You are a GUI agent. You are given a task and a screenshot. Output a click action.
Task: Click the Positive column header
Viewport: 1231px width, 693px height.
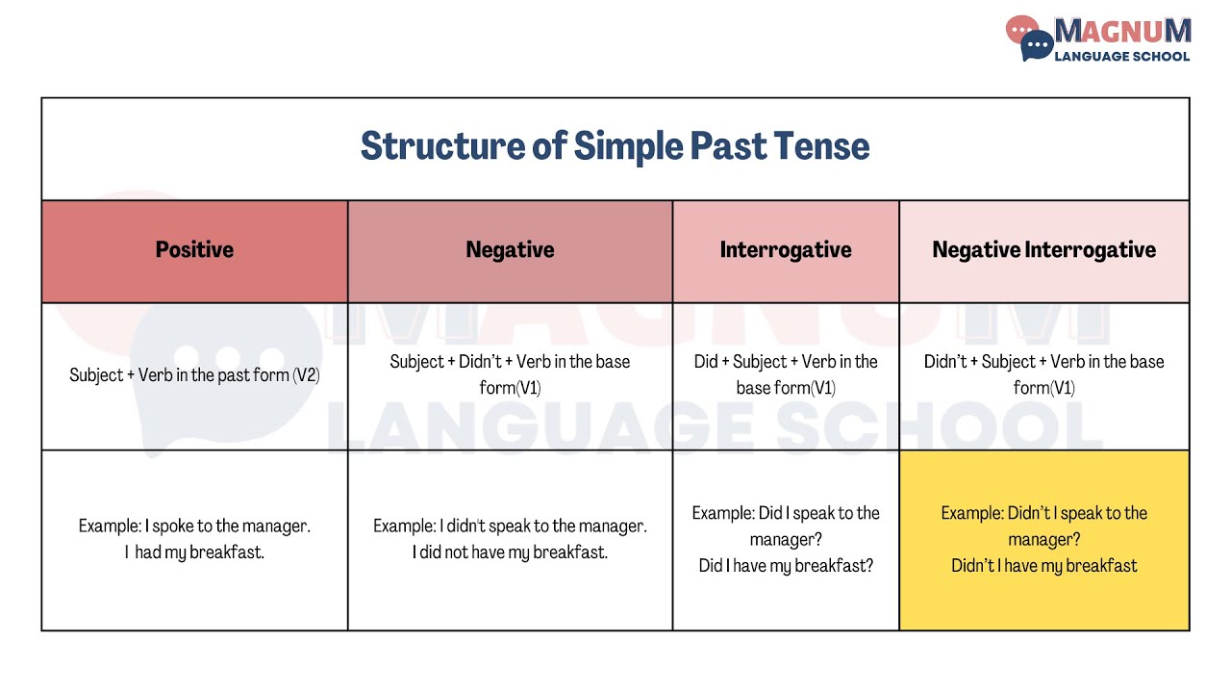(194, 250)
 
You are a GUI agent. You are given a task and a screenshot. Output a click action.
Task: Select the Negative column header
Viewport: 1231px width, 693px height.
(510, 250)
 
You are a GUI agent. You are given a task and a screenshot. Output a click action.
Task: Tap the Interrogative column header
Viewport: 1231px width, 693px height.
(786, 250)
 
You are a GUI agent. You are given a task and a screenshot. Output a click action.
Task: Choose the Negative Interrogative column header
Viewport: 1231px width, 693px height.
(1043, 250)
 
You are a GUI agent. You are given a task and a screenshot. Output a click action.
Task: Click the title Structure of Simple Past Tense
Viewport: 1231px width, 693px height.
(615, 146)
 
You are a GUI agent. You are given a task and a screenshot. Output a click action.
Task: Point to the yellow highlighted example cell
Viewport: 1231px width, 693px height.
(1043, 540)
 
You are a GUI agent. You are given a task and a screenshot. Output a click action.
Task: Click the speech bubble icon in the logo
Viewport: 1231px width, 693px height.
(1030, 38)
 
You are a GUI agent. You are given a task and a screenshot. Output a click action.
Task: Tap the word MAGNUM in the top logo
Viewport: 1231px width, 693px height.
(1122, 31)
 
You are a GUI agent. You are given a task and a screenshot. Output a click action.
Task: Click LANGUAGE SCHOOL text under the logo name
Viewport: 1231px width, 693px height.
(1122, 56)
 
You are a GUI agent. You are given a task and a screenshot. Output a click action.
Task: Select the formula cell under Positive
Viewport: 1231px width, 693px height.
(194, 375)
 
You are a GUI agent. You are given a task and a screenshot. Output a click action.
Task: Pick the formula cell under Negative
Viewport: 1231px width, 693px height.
(510, 374)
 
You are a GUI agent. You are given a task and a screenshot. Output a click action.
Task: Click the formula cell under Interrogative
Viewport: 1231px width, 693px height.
(786, 374)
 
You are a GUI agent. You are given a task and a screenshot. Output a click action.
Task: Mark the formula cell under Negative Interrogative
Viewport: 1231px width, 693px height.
(1043, 374)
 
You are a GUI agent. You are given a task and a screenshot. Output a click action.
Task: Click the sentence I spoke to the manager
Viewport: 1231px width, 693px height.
(227, 526)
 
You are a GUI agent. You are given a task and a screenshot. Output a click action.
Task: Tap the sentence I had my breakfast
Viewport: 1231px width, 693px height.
(194, 552)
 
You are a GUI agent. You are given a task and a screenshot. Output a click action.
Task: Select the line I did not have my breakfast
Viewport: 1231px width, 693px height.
(510, 552)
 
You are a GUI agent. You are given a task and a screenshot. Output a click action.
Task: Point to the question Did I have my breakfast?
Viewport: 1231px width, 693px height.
(786, 566)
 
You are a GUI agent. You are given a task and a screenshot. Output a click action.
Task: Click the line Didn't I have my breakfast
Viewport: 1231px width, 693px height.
(1043, 566)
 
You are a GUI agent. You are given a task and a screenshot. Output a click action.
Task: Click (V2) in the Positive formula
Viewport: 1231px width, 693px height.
(306, 375)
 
